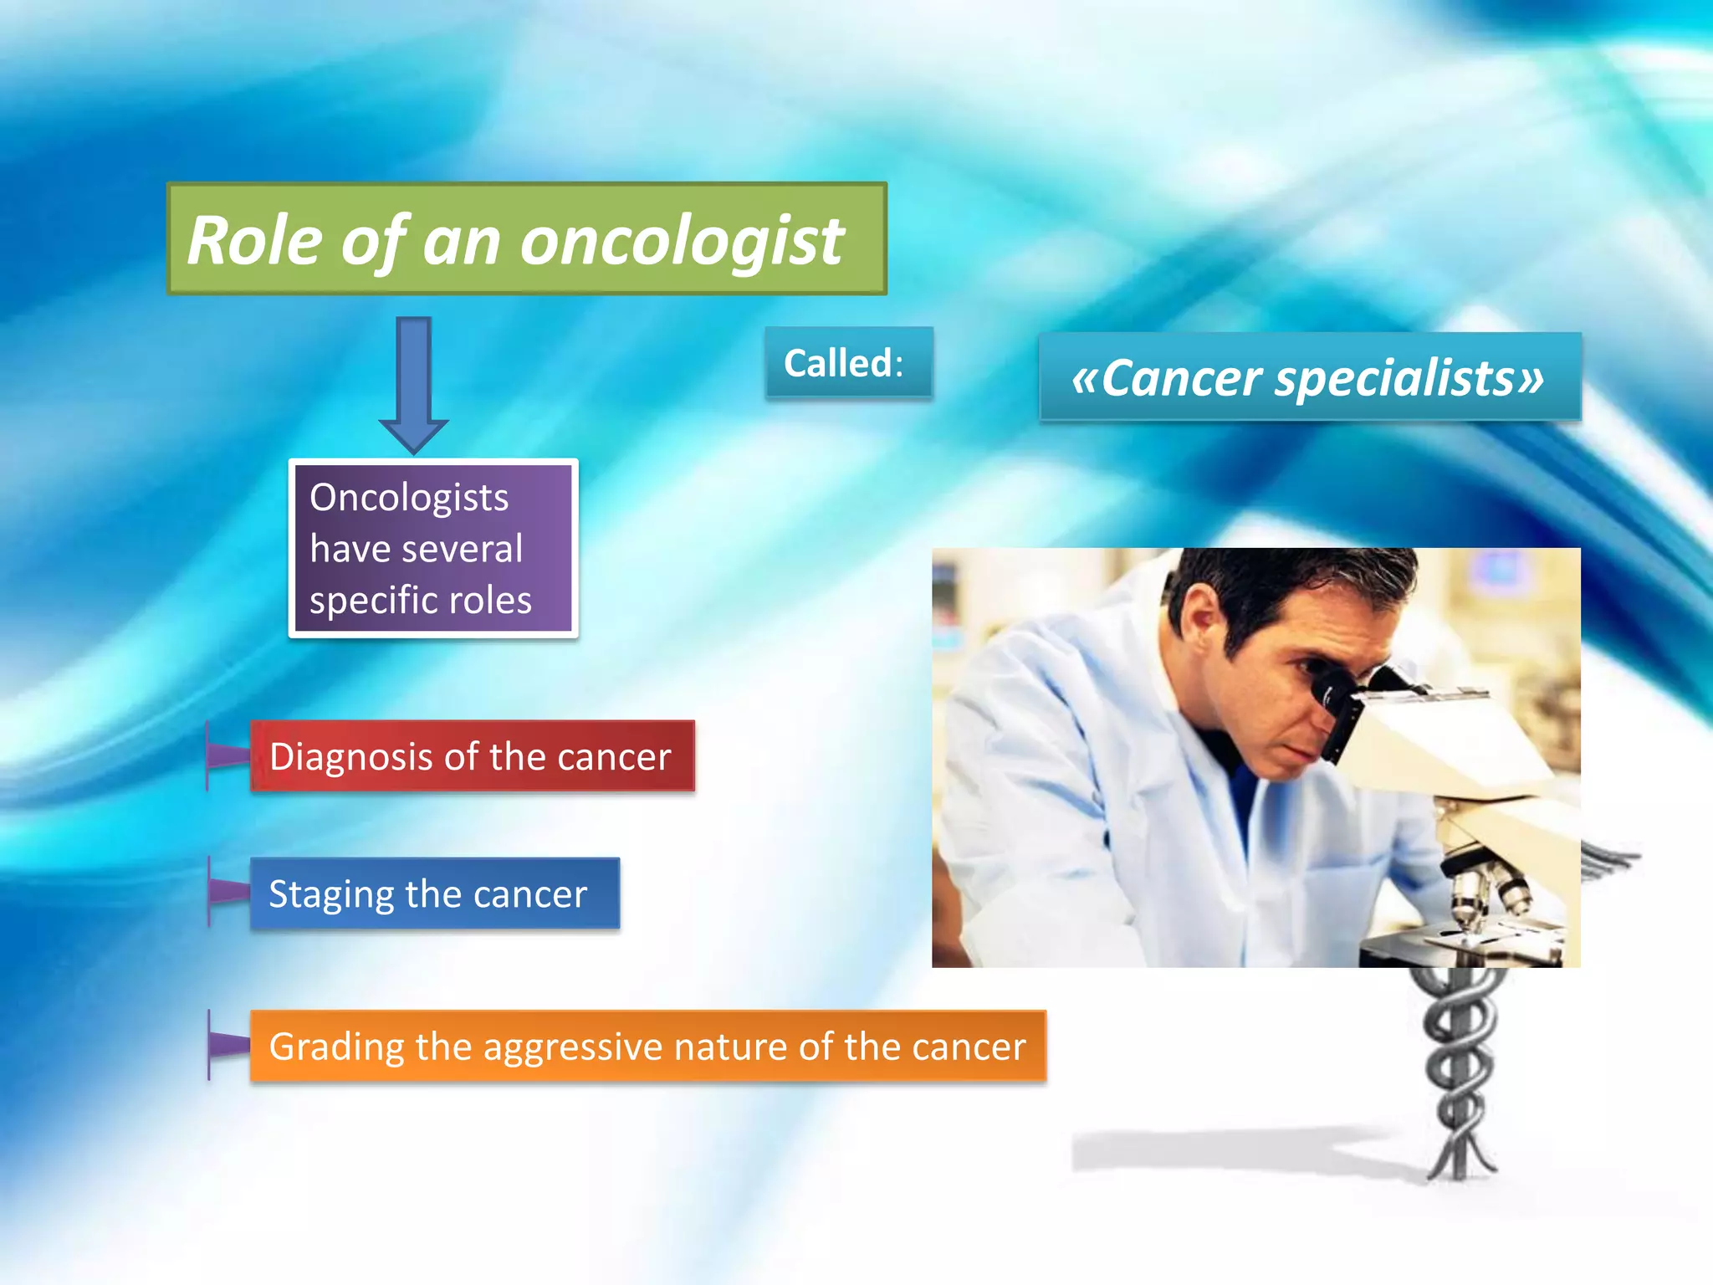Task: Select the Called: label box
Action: pyautogui.click(x=847, y=363)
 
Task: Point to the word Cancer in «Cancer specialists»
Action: pyautogui.click(x=1181, y=379)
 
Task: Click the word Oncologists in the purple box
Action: pyautogui.click(x=408, y=498)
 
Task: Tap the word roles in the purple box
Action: pyautogui.click(x=489, y=601)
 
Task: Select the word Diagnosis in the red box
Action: pyautogui.click(x=351, y=757)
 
